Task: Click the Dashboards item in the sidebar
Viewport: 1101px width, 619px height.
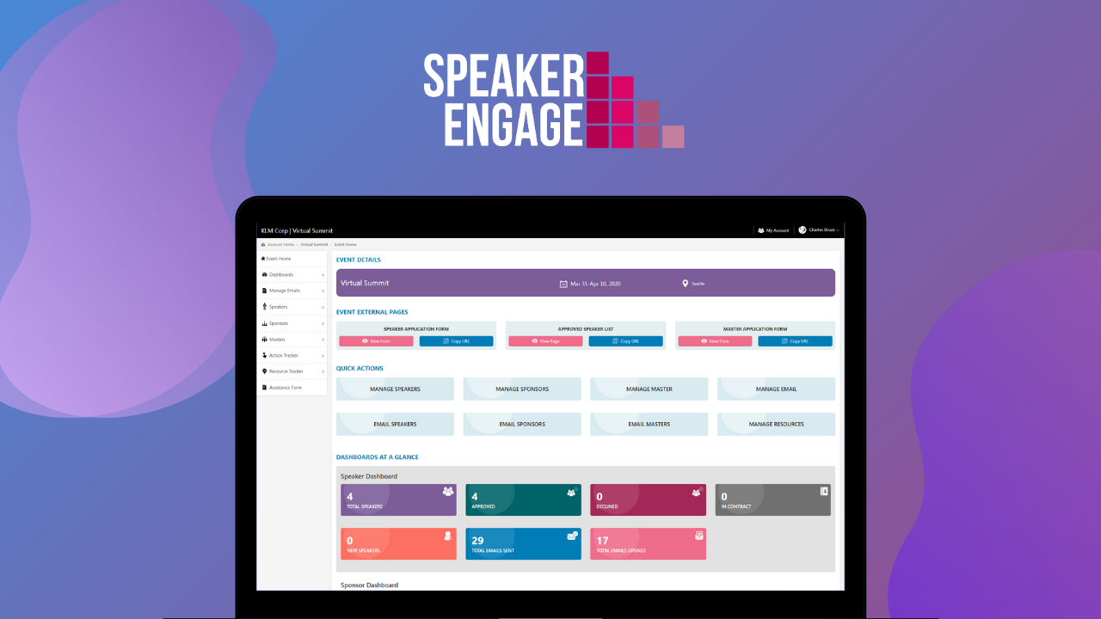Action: coord(281,274)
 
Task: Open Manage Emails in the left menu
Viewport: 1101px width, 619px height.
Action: coord(284,291)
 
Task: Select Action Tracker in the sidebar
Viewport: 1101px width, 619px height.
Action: coord(284,355)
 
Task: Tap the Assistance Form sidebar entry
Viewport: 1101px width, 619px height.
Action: coord(285,388)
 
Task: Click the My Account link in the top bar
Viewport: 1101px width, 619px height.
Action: coord(773,230)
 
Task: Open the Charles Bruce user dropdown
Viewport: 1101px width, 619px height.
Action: coord(819,230)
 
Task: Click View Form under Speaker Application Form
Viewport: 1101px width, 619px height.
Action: coord(376,341)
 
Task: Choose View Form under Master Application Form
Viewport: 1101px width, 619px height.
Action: coord(715,341)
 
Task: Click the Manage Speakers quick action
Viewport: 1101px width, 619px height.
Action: coord(395,389)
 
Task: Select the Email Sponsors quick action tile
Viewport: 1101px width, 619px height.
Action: coord(522,424)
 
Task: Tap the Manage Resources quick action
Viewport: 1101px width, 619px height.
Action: coord(776,424)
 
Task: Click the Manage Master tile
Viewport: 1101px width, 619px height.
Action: coord(649,389)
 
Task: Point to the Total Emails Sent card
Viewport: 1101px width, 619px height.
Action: coord(523,544)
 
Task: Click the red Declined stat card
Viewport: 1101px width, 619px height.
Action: coord(648,499)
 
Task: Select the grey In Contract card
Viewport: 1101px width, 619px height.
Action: coord(772,499)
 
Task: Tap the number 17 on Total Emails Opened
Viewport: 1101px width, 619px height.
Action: coord(603,541)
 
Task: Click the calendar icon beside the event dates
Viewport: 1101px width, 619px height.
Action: coord(563,284)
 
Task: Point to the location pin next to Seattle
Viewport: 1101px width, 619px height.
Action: coord(686,283)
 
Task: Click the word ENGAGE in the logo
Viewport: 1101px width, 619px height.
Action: coord(513,124)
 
